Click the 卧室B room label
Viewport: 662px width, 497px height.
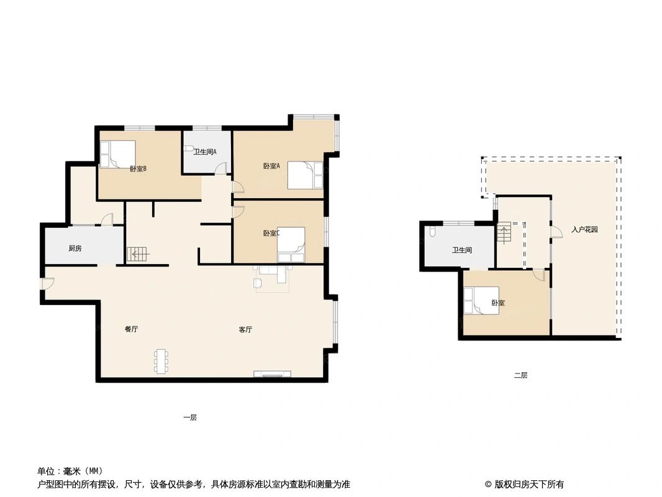pos(138,168)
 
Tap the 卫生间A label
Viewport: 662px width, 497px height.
pos(204,152)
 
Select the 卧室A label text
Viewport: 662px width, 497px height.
pos(271,166)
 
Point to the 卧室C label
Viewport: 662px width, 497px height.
pos(271,234)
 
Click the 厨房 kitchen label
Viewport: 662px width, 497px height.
pos(75,248)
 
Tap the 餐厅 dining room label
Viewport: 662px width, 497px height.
pos(131,329)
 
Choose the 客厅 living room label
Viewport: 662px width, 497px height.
pos(245,330)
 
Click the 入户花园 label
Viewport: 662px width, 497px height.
pos(584,229)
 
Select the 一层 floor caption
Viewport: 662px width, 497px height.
pos(189,417)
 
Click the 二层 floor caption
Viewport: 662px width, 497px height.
pos(520,375)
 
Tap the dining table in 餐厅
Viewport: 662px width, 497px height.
pos(161,361)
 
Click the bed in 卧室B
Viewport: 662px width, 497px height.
pos(117,154)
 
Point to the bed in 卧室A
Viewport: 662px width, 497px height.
pos(305,175)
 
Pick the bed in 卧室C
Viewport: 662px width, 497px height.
pos(291,244)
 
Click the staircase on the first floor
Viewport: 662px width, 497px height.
pos(138,253)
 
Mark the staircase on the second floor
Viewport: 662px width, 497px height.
pos(504,234)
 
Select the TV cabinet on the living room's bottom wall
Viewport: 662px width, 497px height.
pos(272,374)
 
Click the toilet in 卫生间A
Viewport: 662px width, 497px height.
pos(189,150)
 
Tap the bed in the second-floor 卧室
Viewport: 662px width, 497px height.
pos(481,301)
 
